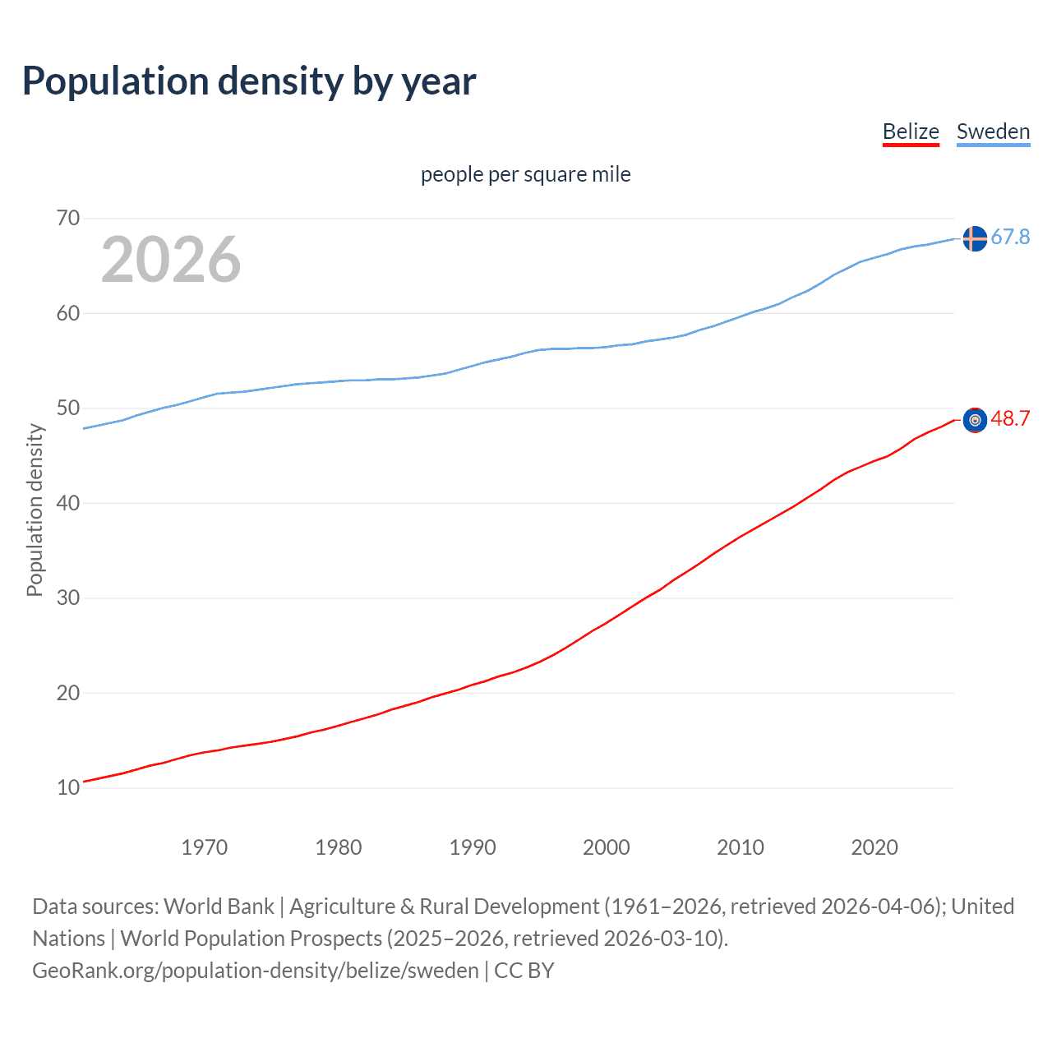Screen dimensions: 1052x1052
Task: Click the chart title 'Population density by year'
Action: pos(249,81)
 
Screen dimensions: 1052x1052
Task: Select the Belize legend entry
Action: pos(911,131)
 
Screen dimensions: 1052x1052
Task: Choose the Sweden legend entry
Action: pos(993,131)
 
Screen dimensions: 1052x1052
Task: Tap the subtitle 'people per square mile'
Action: pos(526,174)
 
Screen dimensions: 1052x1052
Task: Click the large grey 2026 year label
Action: pos(171,260)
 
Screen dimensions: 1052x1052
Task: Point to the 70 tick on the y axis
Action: pos(68,218)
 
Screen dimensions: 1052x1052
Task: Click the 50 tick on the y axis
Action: pos(68,408)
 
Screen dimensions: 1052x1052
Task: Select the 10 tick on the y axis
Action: pos(68,787)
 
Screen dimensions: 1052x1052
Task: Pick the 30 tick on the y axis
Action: pos(68,598)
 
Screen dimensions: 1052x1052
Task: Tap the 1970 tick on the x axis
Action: pos(205,847)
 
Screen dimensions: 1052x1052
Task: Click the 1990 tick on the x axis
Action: pos(473,847)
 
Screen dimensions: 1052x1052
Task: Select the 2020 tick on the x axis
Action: pos(874,847)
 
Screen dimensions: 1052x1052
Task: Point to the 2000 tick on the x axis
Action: pos(607,847)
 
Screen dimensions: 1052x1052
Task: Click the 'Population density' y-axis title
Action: pos(35,510)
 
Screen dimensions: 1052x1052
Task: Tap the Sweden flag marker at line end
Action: pos(975,238)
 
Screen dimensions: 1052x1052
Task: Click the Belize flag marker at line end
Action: pos(975,420)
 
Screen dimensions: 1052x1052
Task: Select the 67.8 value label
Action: pos(1010,238)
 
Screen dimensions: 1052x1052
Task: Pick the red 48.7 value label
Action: pos(1010,419)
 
